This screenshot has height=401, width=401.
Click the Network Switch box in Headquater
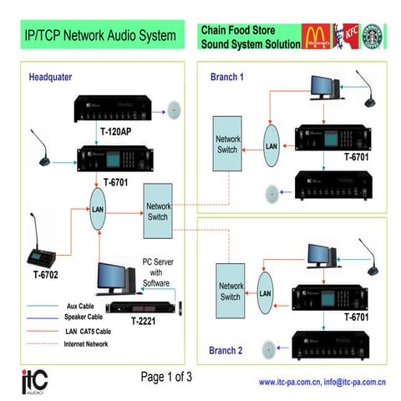158,210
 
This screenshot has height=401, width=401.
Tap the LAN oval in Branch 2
266,293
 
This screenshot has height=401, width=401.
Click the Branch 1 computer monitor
322,86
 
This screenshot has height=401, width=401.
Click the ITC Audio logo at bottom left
34,380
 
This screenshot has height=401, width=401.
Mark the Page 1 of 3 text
167,377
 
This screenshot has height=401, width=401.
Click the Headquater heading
51,78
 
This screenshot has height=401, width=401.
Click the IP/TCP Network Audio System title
99,36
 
